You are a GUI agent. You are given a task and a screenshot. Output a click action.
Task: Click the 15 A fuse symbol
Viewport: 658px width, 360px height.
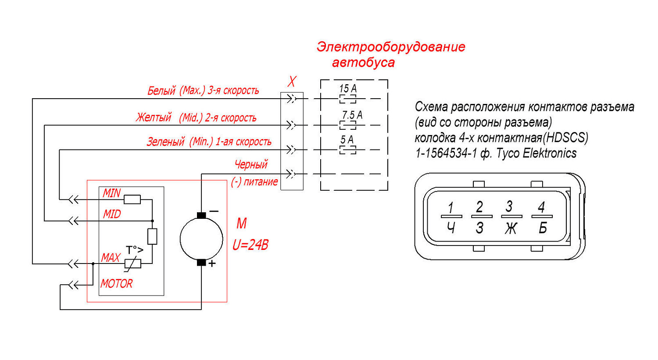tap(348, 99)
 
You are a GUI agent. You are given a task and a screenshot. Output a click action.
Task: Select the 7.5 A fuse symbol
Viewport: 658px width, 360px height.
tap(348, 125)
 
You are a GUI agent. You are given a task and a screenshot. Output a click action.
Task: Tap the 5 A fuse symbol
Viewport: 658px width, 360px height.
tap(348, 150)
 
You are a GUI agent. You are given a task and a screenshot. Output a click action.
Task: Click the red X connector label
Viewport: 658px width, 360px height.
tap(292, 81)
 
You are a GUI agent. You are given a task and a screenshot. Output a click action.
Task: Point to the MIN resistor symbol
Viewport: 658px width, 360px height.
tap(132, 200)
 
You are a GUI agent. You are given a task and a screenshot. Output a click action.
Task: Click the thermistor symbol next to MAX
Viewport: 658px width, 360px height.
tap(133, 264)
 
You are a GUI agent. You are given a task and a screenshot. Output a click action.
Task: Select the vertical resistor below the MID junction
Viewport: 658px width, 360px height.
tap(152, 236)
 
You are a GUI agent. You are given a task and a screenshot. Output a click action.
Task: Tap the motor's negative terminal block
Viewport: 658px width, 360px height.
tap(201, 215)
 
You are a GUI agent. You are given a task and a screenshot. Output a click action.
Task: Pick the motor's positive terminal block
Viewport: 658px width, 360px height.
tap(201, 263)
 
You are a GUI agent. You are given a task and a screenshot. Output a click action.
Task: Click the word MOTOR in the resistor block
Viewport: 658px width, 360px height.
tap(117, 284)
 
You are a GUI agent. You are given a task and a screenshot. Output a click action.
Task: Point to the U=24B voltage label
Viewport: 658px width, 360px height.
tap(250, 245)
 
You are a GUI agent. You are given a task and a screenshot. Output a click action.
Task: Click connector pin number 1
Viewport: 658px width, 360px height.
tap(451, 208)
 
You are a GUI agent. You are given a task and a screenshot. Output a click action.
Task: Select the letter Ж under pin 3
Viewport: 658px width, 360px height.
tap(511, 228)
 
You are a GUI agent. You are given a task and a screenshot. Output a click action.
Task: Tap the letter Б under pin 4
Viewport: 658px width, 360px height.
tap(543, 228)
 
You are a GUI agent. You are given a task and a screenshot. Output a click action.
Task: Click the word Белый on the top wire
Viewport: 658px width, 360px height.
tap(161, 91)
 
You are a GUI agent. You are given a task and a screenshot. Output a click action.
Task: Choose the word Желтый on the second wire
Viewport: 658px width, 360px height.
tap(154, 118)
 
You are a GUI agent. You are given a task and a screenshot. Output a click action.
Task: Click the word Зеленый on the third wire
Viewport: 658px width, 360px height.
tap(166, 142)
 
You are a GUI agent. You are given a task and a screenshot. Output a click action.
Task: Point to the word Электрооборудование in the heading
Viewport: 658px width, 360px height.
tap(391, 47)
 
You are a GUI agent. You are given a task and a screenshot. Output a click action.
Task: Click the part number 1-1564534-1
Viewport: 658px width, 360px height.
tap(446, 153)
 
